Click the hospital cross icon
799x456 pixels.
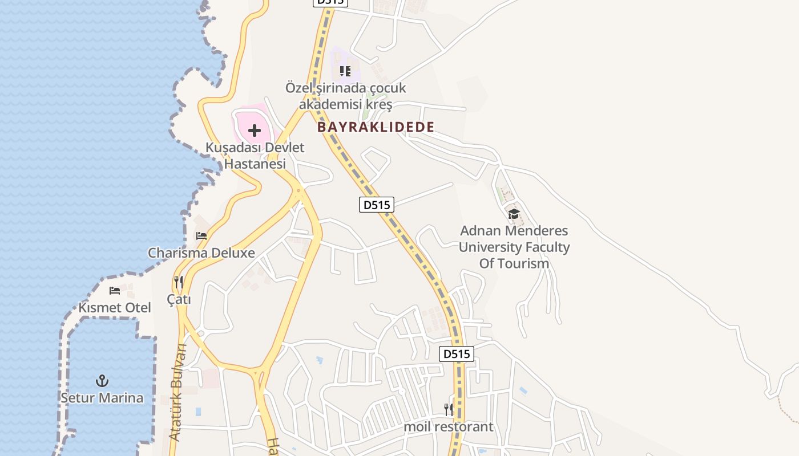tap(255, 131)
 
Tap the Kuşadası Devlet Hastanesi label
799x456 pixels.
tap(255, 156)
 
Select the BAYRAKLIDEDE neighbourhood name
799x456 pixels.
tap(376, 127)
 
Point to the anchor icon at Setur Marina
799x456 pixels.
tap(102, 380)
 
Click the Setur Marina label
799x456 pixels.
tap(102, 397)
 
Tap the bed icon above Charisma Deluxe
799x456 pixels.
tap(201, 235)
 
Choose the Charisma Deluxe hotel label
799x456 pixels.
tap(201, 253)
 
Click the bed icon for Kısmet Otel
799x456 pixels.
tap(115, 290)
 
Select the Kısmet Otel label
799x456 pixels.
tap(115, 308)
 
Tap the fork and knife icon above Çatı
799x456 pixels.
tap(179, 282)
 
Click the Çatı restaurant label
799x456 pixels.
tap(179, 299)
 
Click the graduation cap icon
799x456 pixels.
tap(514, 214)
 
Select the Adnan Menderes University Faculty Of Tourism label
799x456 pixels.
tap(514, 247)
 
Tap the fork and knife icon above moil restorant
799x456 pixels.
tap(449, 409)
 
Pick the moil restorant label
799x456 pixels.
tap(449, 426)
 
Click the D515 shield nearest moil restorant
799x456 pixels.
tap(457, 354)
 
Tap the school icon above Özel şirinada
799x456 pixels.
tap(345, 71)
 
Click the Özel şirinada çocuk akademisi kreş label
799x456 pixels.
tap(346, 96)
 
